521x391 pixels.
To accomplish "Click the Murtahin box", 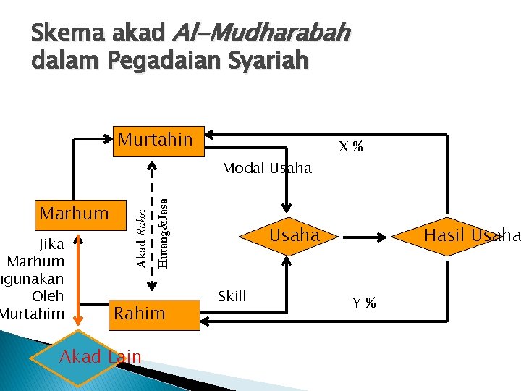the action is tap(156, 140).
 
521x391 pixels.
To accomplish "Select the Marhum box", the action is tap(75, 214).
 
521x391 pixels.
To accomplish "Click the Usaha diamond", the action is tap(294, 235).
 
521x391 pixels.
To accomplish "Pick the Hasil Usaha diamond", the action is tap(470, 235).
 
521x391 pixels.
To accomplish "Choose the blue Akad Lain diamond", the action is tap(100, 356).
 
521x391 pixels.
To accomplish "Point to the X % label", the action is tap(351, 148).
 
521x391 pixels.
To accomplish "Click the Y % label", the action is tap(364, 303).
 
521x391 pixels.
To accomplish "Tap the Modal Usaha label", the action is tap(267, 169).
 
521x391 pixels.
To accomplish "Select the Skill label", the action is tap(232, 296).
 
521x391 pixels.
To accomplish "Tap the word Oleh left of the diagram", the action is tap(48, 296).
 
